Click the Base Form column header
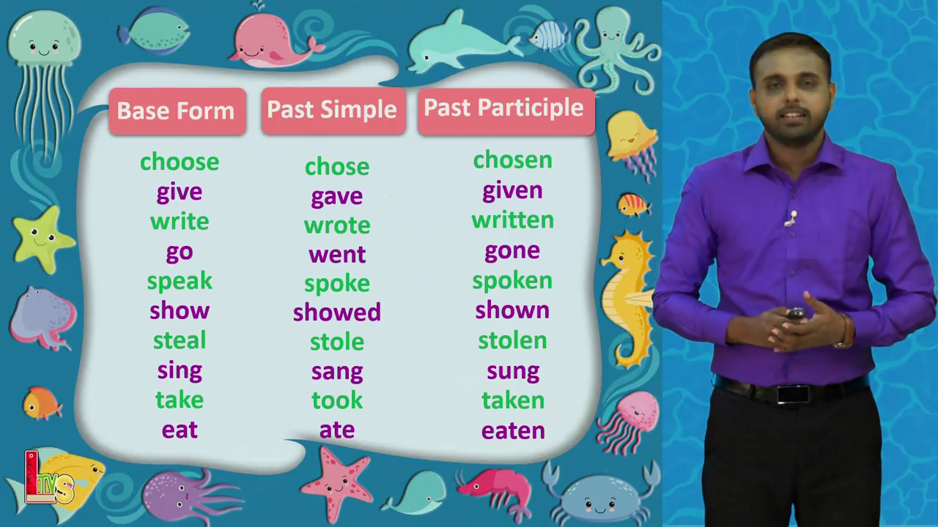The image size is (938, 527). click(x=177, y=111)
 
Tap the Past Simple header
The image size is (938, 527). click(x=333, y=111)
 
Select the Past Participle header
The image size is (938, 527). click(x=506, y=111)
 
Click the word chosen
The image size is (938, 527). click(x=512, y=160)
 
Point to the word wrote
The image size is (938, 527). click(x=337, y=225)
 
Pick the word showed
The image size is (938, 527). click(x=337, y=312)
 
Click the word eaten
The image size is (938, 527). click(x=514, y=431)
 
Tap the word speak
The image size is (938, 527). click(x=180, y=281)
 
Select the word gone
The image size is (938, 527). click(x=512, y=251)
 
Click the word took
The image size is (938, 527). click(x=337, y=400)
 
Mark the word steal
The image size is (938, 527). click(x=180, y=340)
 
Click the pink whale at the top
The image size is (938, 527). click(x=274, y=40)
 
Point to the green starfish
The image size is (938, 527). click(x=43, y=239)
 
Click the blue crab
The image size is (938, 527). click(x=600, y=493)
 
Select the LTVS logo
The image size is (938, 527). click(x=49, y=478)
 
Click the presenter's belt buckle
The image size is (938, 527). click(x=793, y=395)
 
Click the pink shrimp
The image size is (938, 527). click(x=494, y=493)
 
